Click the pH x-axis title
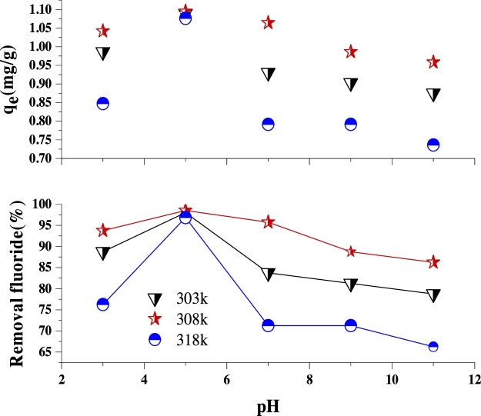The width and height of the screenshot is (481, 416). [268, 404]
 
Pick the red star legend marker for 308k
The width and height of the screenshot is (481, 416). [155, 318]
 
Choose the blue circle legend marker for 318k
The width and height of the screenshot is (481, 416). [155, 338]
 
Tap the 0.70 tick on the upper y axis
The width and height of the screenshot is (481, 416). [38, 158]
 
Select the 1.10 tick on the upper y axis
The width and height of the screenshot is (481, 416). [38, 9]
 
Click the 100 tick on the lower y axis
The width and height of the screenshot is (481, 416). [42, 205]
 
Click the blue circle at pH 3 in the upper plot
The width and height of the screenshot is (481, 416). [103, 104]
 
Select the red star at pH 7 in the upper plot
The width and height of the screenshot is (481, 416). [268, 23]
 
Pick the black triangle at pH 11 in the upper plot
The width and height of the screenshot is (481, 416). [433, 95]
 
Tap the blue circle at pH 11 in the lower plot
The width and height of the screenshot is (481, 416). [433, 346]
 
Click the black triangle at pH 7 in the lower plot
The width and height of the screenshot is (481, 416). [268, 274]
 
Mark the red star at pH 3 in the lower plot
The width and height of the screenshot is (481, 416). [103, 231]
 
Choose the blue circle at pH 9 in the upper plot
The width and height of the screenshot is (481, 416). [351, 124]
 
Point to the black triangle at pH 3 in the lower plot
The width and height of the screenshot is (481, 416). [103, 253]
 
